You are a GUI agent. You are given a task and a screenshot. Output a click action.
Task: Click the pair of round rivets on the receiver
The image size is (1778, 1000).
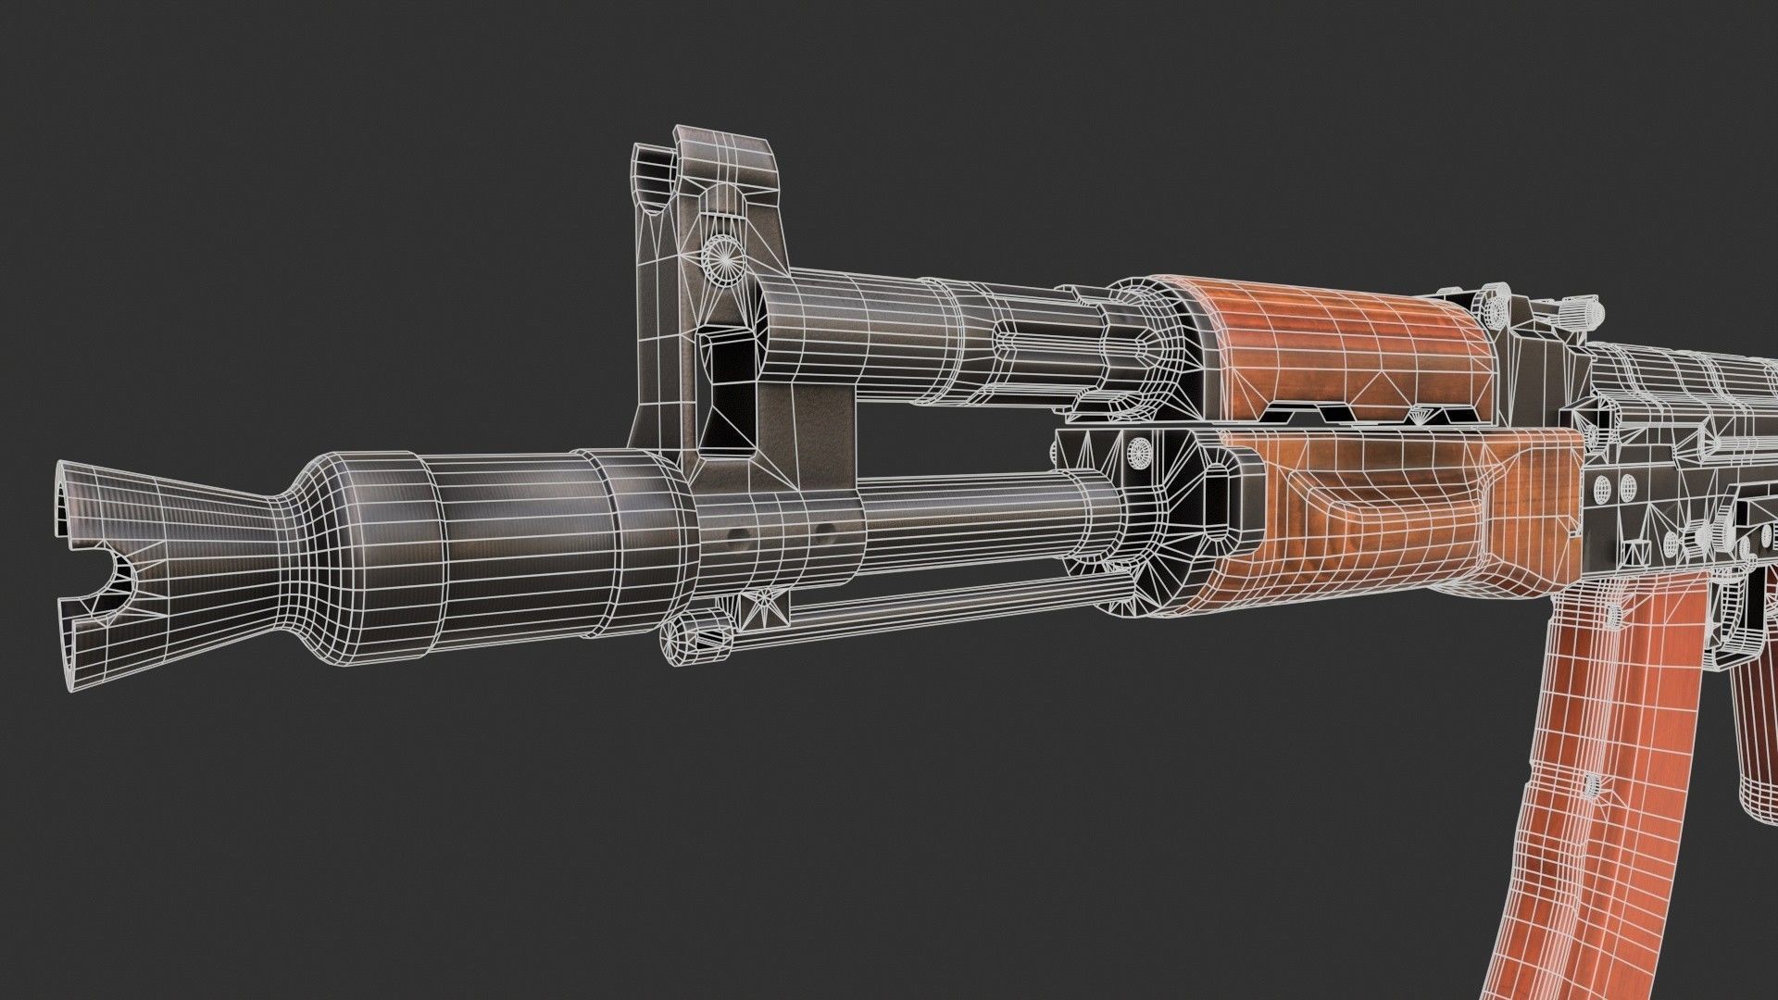(1615, 483)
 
